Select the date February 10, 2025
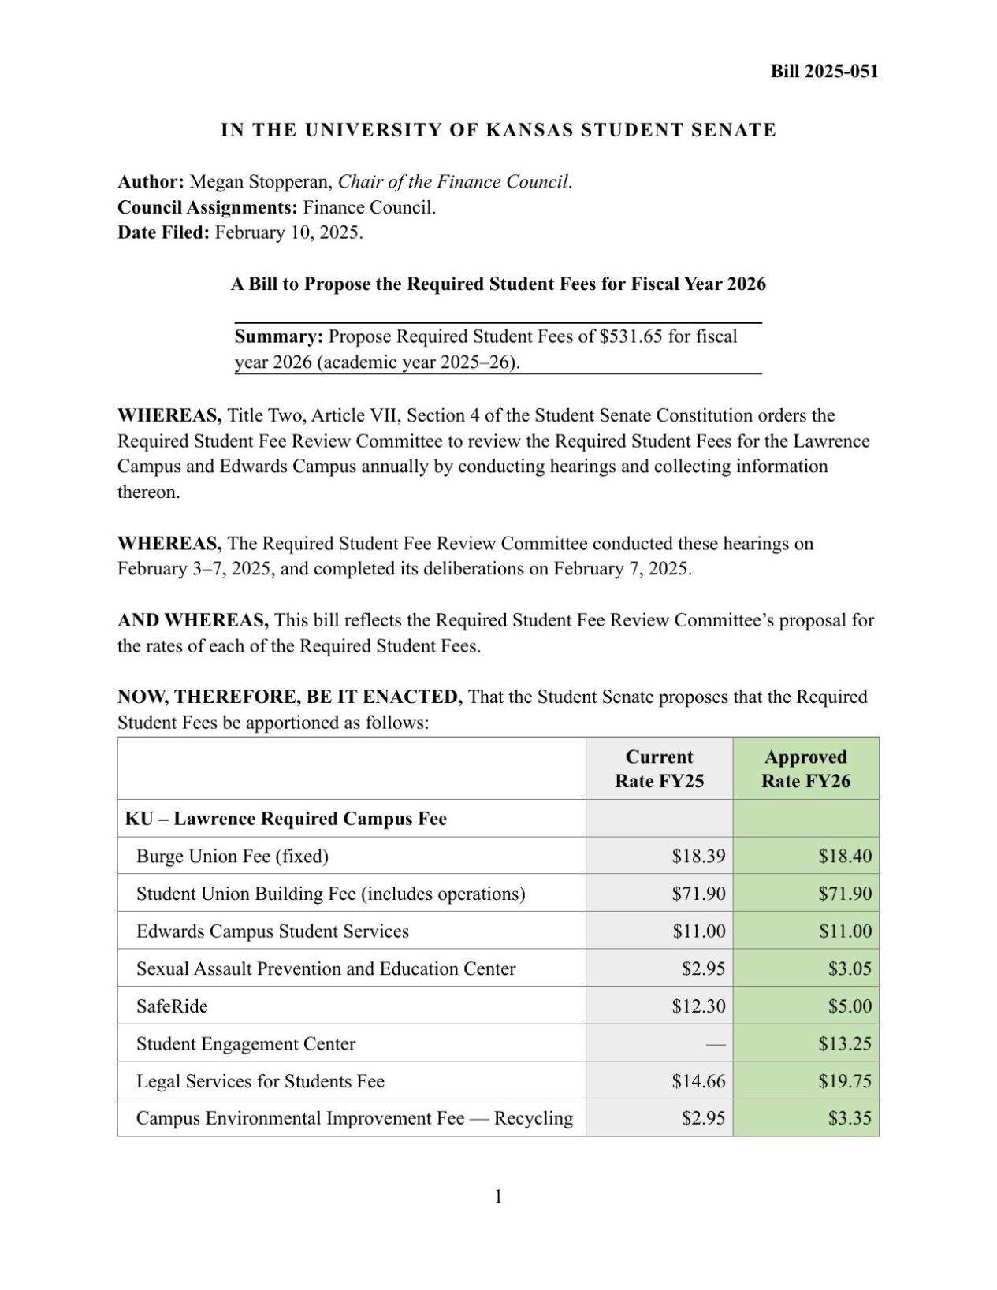click(288, 232)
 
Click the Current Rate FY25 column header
click(659, 768)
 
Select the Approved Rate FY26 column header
click(805, 768)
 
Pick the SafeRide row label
click(172, 1006)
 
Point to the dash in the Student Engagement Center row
click(715, 1044)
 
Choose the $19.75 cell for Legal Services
click(845, 1081)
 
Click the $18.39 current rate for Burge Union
click(698, 857)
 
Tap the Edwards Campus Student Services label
click(273, 931)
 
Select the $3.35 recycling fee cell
click(850, 1119)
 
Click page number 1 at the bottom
click(498, 1197)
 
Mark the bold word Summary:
click(279, 336)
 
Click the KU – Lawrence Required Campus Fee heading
click(285, 819)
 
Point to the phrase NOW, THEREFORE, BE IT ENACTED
click(290, 697)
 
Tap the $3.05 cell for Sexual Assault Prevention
click(850, 969)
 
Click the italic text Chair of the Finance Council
click(453, 182)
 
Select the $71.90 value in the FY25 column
click(698, 894)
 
